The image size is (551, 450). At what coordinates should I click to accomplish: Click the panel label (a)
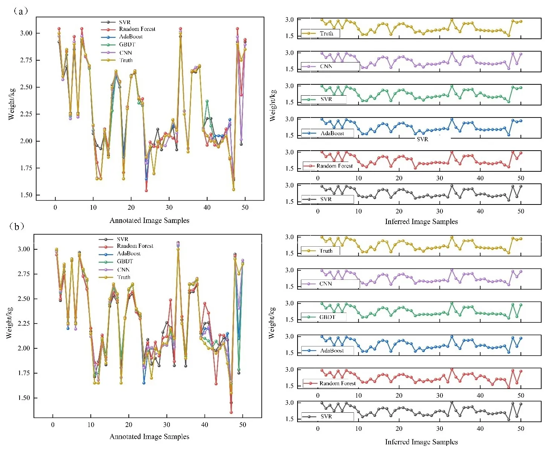[x=21, y=11]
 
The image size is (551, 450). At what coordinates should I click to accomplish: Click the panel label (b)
[x=17, y=226]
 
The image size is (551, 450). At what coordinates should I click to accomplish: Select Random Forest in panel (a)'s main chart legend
[x=137, y=29]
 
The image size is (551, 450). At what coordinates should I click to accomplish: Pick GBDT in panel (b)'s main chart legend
[x=125, y=261]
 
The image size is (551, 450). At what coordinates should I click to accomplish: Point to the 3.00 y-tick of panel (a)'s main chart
[x=26, y=33]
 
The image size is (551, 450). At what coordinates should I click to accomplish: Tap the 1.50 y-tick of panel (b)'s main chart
[x=24, y=398]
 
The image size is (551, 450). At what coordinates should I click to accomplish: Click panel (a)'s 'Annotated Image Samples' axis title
[x=149, y=221]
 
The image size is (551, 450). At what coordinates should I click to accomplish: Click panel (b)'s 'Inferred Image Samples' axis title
[x=421, y=442]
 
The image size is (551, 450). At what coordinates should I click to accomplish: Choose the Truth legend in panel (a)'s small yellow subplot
[x=326, y=34]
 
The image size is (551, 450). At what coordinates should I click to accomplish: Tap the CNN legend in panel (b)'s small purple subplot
[x=325, y=284]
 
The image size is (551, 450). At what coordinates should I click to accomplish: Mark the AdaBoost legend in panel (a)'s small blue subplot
[x=332, y=133]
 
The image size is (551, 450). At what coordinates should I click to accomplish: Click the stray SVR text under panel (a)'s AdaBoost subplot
[x=422, y=139]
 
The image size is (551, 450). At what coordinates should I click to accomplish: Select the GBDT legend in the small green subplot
[x=327, y=317]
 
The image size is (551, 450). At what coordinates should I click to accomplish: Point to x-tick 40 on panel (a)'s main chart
[x=207, y=207]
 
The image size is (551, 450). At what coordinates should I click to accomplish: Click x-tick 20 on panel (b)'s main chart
[x=129, y=425]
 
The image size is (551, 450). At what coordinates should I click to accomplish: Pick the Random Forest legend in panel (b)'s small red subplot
[x=337, y=383]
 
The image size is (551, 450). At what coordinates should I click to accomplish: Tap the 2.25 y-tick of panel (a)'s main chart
[x=26, y=114]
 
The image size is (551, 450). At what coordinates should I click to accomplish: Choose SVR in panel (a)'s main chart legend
[x=125, y=22]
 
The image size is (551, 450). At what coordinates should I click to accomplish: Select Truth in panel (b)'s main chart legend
[x=124, y=277]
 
